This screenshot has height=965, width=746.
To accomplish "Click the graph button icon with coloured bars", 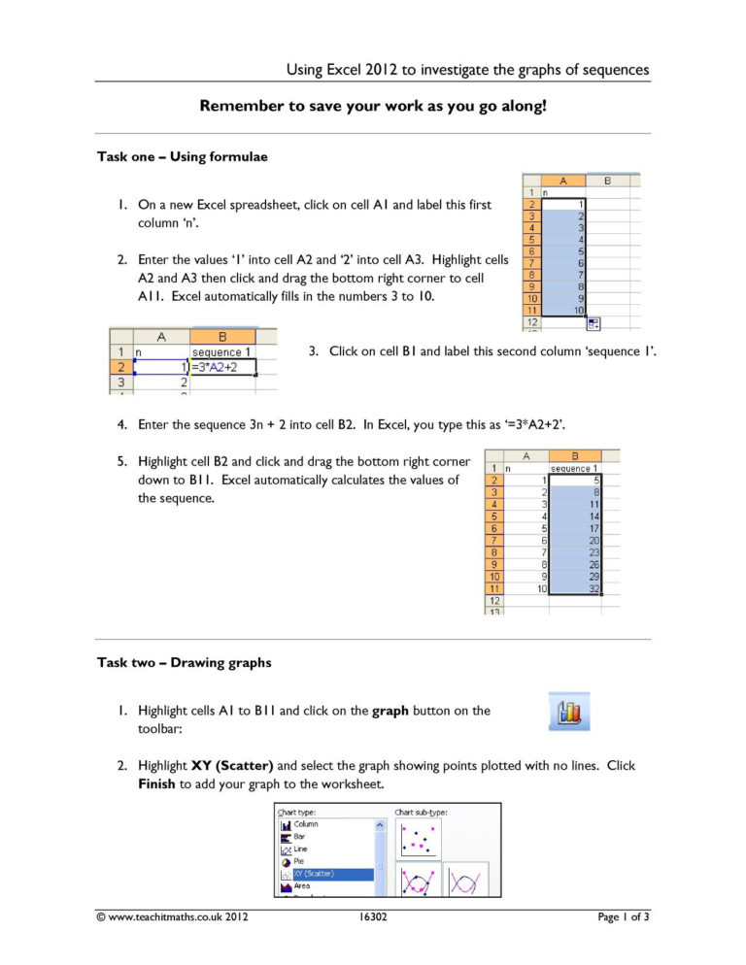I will (x=570, y=712).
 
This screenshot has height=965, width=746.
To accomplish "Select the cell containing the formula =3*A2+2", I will (x=223, y=366).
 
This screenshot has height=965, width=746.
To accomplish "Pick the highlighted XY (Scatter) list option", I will (x=325, y=874).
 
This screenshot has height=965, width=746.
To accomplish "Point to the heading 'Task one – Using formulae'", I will (x=182, y=157).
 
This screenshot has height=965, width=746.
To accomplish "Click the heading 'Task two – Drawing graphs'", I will (x=184, y=663).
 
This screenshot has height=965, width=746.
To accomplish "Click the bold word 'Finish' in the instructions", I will (x=158, y=782).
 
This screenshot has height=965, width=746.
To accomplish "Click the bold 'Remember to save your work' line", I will (x=373, y=105).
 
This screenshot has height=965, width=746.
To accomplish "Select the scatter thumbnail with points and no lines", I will (x=418, y=838).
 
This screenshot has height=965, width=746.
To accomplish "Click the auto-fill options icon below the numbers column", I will (x=593, y=323).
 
